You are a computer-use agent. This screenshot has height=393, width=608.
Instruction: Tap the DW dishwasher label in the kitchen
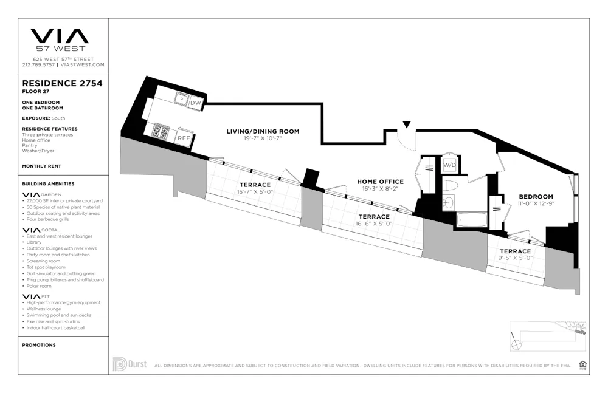(195, 103)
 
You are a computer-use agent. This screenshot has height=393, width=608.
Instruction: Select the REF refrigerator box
(184, 138)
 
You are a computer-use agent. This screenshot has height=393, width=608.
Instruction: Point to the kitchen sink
(181, 97)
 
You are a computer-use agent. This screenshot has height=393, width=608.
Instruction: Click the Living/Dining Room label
(263, 131)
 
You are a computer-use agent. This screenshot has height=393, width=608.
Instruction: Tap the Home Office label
(380, 182)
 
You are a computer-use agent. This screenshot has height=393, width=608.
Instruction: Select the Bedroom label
(536, 196)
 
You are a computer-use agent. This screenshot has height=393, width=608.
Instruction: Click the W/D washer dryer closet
(449, 165)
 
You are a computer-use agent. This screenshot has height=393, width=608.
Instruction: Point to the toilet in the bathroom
(451, 185)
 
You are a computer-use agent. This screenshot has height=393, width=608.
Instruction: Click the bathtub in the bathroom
(471, 219)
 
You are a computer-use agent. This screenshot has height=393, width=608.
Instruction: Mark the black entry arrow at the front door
(407, 125)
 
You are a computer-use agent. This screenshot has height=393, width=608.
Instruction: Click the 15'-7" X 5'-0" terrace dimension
(255, 192)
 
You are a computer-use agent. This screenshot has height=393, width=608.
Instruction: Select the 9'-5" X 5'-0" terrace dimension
(515, 258)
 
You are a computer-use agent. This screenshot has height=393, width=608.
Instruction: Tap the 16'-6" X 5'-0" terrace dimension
(373, 224)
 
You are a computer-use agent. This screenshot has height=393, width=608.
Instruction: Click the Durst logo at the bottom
(130, 364)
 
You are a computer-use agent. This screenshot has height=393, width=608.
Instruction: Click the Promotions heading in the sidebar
(38, 345)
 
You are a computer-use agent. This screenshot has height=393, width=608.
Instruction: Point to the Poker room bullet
(38, 285)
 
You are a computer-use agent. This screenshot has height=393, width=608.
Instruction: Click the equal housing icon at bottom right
(583, 364)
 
